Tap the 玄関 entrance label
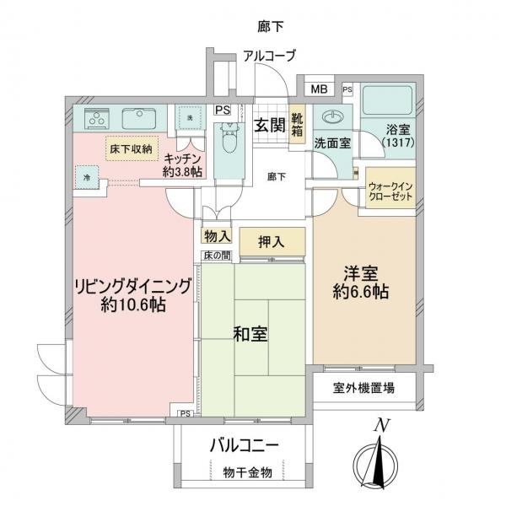[269, 126]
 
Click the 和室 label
[250, 334]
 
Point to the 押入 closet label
[272, 240]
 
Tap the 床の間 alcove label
[215, 255]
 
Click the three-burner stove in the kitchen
[93, 117]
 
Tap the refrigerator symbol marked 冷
[87, 177]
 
